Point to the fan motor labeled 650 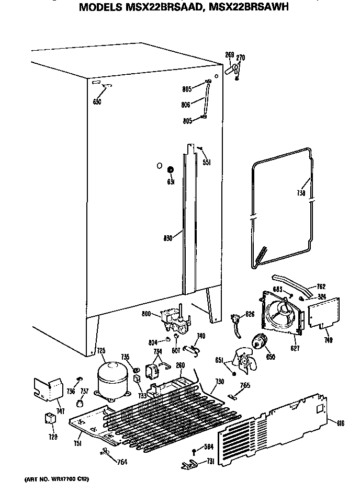point(259,342)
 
